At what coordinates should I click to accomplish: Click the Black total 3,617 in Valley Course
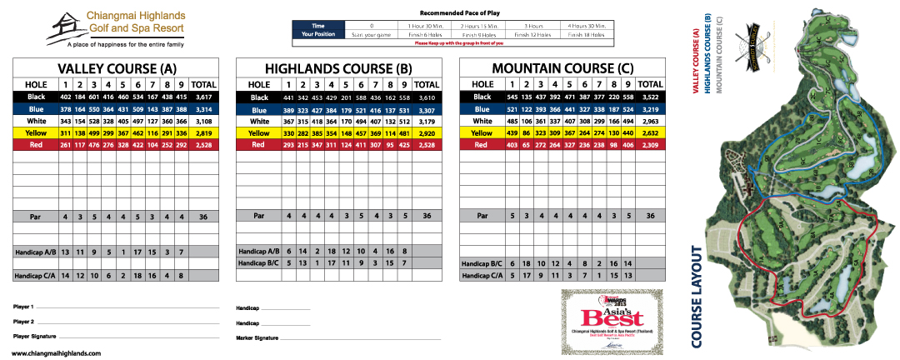(x=203, y=97)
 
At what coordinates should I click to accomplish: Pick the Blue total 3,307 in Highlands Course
(x=427, y=110)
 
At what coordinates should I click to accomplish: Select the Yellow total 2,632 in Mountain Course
(x=650, y=133)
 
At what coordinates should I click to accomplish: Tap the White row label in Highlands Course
(x=259, y=122)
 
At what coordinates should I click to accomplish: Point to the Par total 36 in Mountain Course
(x=650, y=215)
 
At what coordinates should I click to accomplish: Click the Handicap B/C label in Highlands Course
(x=259, y=262)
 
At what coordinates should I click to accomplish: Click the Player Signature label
(x=35, y=337)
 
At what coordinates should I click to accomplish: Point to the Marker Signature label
(x=257, y=337)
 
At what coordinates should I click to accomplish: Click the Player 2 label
(x=24, y=322)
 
